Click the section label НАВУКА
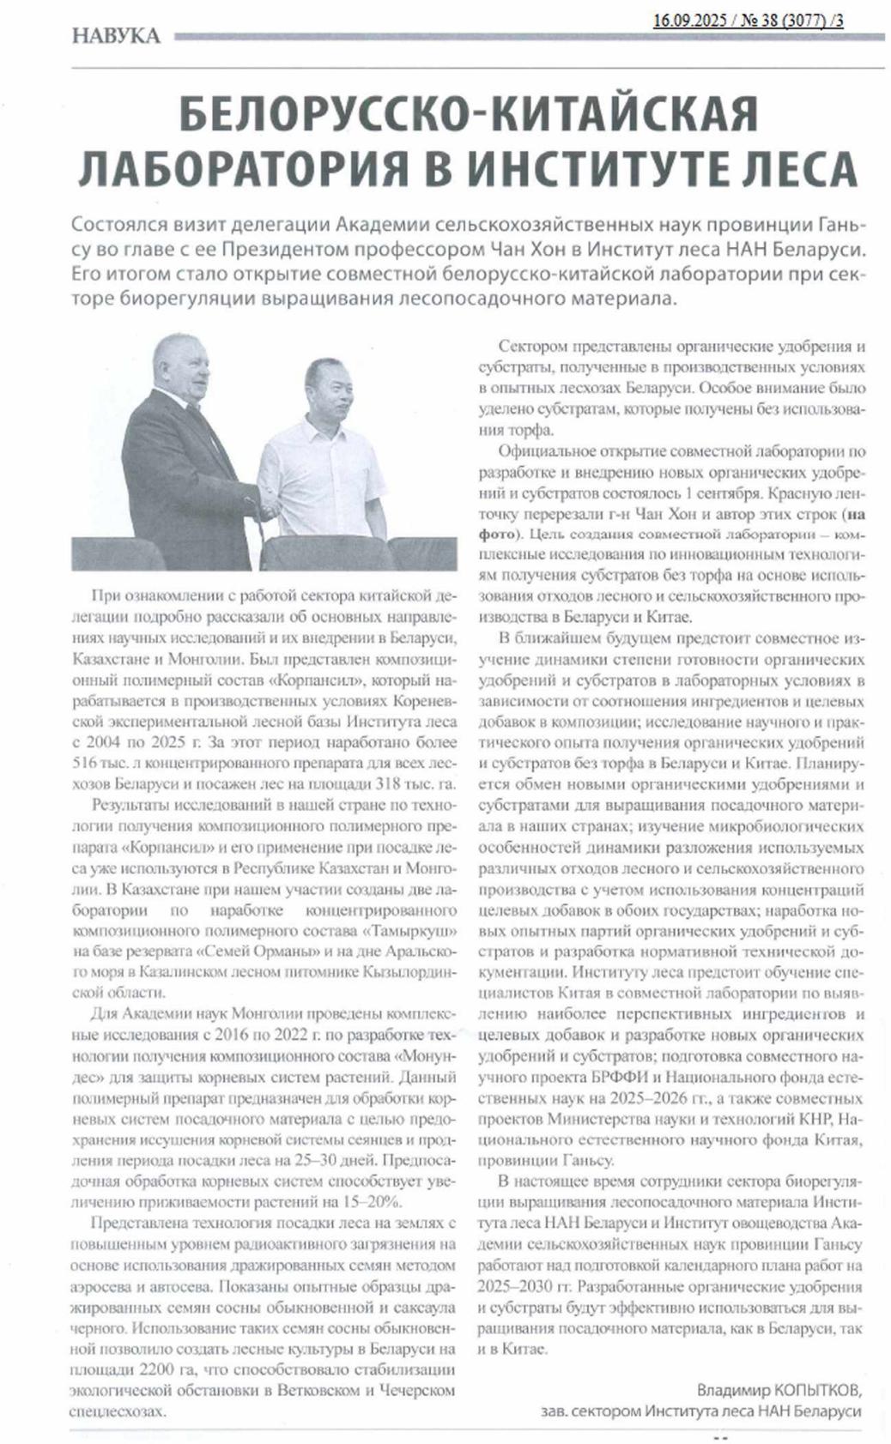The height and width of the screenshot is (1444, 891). pos(116,36)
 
